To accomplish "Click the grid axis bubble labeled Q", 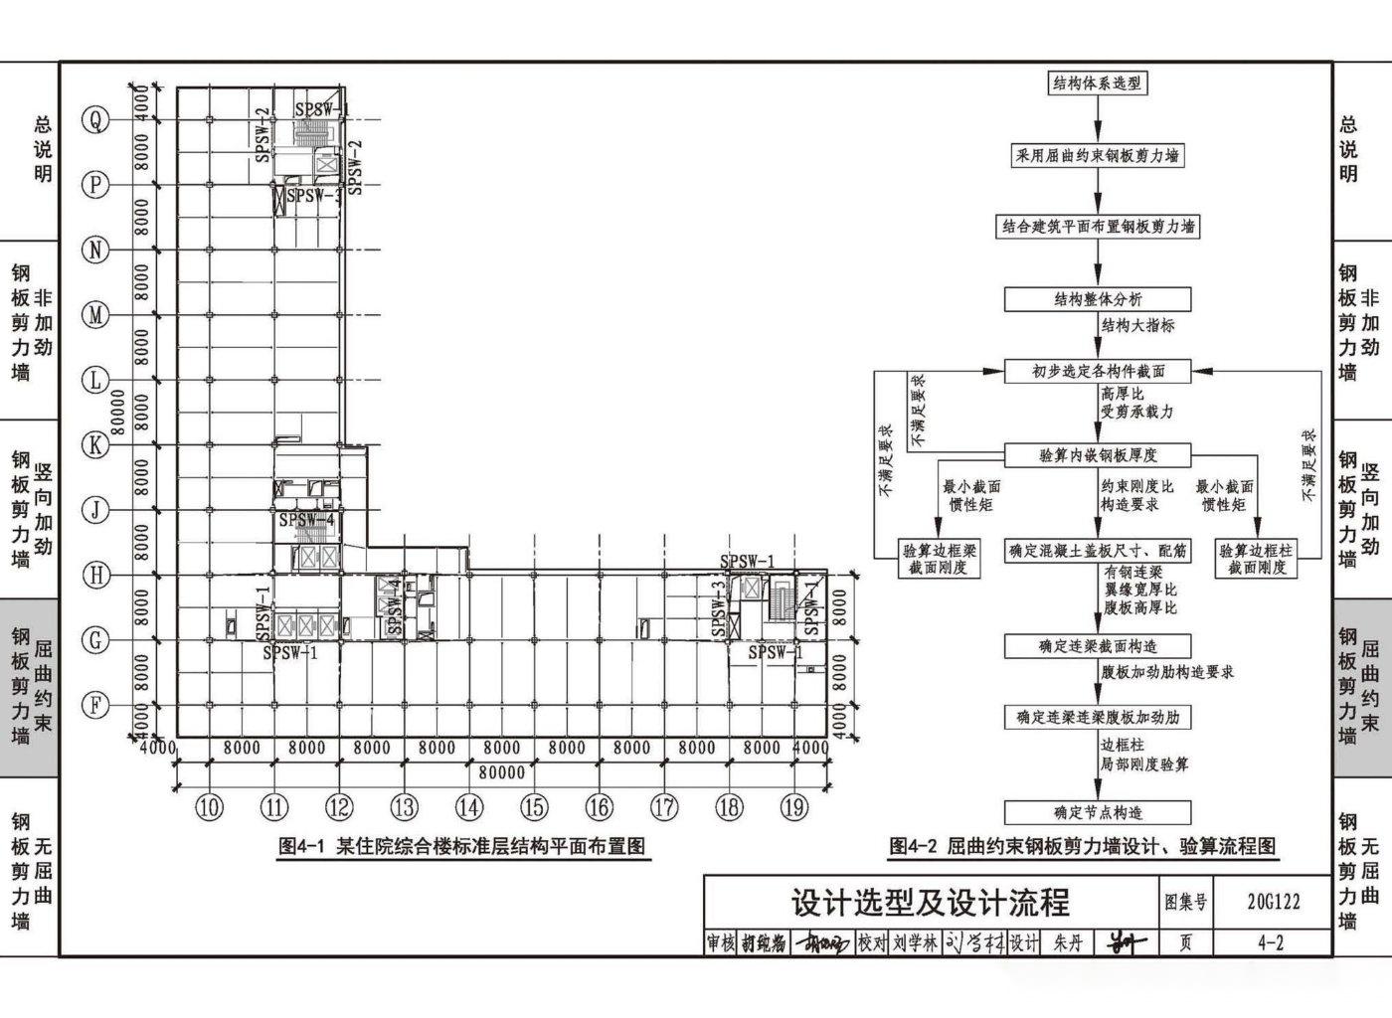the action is [95, 120].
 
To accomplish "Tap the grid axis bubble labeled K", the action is [95, 444].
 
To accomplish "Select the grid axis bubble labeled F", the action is [95, 705].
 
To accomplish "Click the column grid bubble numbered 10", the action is [209, 808].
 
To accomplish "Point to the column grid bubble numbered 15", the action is [534, 808].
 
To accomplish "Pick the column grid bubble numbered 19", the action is [793, 808].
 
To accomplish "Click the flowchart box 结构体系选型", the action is [1098, 84].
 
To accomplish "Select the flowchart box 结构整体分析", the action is [1098, 299].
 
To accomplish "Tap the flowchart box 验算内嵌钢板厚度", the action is [1098, 455].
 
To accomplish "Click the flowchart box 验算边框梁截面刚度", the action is [939, 559].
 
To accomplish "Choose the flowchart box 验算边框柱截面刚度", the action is [1257, 559].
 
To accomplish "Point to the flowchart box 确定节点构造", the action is [1098, 812].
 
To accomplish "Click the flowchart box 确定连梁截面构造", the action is [1098, 646].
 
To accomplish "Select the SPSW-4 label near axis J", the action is [307, 520].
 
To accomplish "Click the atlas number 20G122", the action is [1272, 902].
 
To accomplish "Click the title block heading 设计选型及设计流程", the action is [931, 902].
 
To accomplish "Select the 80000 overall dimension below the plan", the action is [501, 772].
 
